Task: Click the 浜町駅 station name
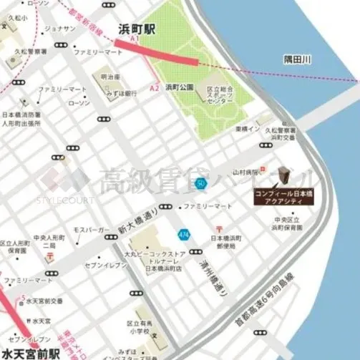click(x=136, y=30)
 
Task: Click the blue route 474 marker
click(x=184, y=234)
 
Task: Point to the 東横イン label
click(x=246, y=129)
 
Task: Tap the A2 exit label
click(x=154, y=87)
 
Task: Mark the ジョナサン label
click(x=60, y=28)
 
